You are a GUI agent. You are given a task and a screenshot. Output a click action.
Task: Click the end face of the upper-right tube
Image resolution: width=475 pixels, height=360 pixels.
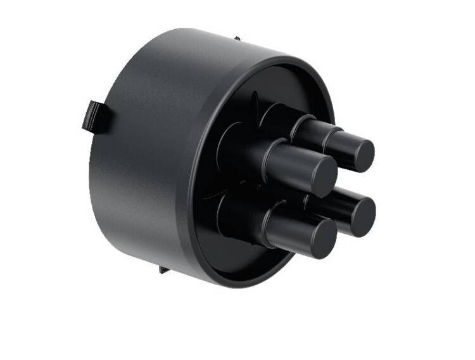point(358,155)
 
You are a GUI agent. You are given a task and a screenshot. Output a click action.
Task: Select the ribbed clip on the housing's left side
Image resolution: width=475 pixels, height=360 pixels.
point(93,116)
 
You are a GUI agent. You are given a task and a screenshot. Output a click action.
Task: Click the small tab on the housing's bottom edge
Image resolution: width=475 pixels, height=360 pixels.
point(164,269)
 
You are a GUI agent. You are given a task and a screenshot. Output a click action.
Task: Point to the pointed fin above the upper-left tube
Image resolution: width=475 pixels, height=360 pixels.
point(255,101)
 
